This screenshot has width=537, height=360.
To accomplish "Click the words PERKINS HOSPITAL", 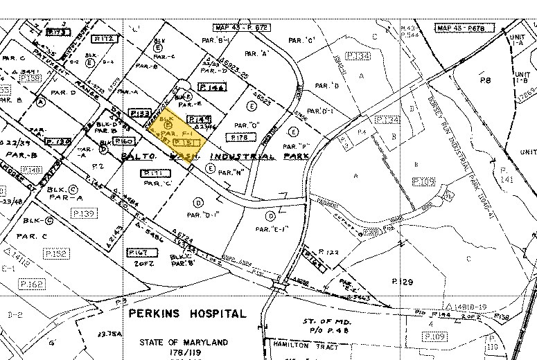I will click(x=186, y=314).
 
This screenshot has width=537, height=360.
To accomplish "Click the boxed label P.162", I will click(x=32, y=284).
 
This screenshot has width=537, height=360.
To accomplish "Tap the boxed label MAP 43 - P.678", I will click(x=460, y=28).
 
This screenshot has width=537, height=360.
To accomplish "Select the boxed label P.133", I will click(x=141, y=113).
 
